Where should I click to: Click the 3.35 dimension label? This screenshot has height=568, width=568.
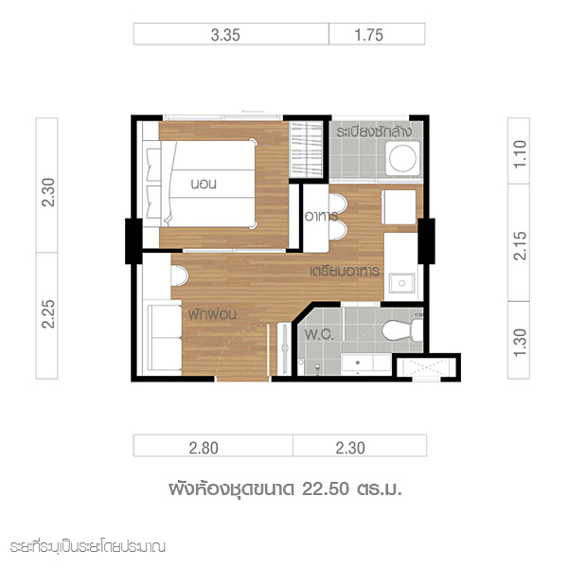[225, 35]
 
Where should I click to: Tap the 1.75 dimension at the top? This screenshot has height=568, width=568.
[368, 35]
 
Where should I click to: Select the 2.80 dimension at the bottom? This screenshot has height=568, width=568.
[204, 448]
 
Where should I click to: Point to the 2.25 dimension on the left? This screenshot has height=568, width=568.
[48, 314]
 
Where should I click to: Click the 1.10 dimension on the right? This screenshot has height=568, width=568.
[520, 154]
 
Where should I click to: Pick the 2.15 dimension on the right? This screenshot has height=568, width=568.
[520, 245]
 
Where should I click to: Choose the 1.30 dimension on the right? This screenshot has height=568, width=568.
[520, 343]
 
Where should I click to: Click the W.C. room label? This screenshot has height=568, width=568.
[319, 334]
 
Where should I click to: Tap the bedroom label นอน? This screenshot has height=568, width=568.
[204, 184]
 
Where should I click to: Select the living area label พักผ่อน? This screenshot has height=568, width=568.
[212, 313]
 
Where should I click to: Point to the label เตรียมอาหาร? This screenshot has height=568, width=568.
[345, 271]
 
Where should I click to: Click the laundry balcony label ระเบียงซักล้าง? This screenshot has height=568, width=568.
[374, 132]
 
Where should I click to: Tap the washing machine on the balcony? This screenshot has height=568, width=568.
[403, 158]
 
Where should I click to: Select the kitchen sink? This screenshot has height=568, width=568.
[401, 283]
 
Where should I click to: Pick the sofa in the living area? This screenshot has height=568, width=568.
[165, 338]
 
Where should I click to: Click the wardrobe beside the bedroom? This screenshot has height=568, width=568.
[306, 150]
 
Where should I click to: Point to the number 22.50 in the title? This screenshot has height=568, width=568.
[326, 489]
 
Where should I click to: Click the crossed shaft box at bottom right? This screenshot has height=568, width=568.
[426, 367]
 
